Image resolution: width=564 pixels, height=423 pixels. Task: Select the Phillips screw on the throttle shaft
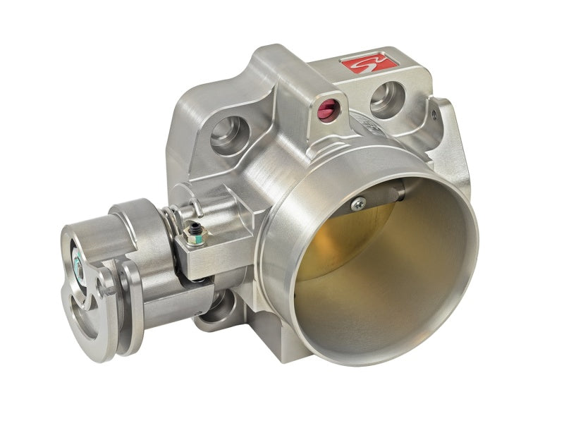[x=358, y=204]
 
